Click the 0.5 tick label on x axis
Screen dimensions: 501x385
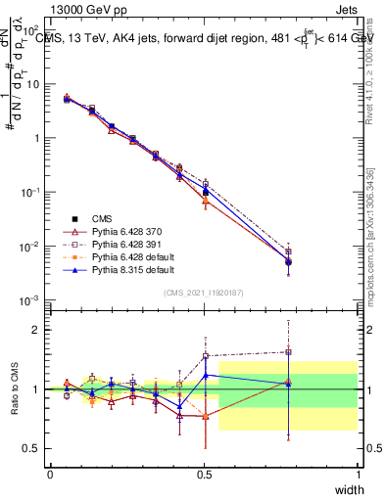pyautogui.click(x=204, y=473)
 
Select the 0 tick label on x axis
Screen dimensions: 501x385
pyautogui.click(x=50, y=473)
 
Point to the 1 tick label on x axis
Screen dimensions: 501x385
pyautogui.click(x=358, y=473)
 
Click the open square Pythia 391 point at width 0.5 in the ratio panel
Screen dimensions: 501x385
pyautogui.click(x=205, y=356)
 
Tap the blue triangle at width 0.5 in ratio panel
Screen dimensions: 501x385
pyautogui.click(x=205, y=375)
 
